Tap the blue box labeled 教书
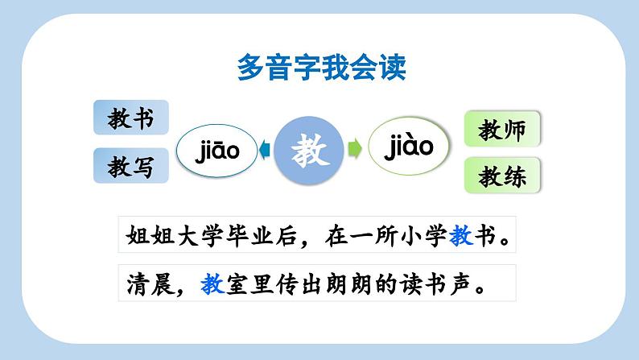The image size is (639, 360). point(131,118)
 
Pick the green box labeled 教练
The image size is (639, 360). point(502,175)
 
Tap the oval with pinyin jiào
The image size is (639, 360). point(408,146)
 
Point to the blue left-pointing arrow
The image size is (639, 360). point(263,149)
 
